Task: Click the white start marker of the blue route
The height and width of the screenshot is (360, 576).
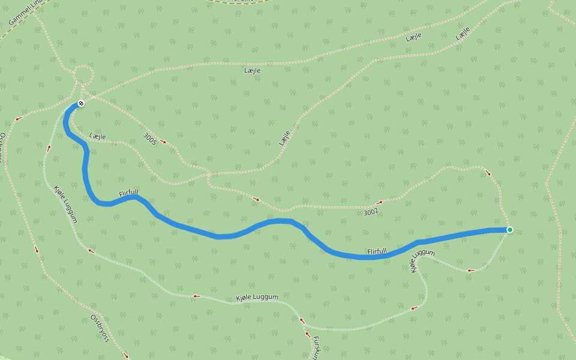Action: pos(81,104)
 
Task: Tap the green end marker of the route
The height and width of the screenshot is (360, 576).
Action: pos(509,230)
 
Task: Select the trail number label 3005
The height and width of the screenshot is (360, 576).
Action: pos(150,140)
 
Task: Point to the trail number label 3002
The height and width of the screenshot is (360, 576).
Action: pos(371,212)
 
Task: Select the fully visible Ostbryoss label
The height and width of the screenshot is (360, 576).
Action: pos(100,328)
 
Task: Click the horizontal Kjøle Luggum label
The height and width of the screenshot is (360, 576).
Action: pos(257,298)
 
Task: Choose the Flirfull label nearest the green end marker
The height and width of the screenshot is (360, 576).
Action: pos(377,251)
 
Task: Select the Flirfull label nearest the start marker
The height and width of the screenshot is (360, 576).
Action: pos(128,193)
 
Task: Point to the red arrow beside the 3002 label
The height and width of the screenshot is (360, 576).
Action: pos(379,203)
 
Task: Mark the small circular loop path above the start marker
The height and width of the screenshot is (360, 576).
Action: pos(83,76)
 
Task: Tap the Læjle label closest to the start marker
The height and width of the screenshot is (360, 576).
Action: pos(98,137)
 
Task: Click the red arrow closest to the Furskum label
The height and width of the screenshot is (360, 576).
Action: pos(308,335)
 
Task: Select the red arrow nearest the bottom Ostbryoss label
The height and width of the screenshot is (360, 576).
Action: pos(125,355)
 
